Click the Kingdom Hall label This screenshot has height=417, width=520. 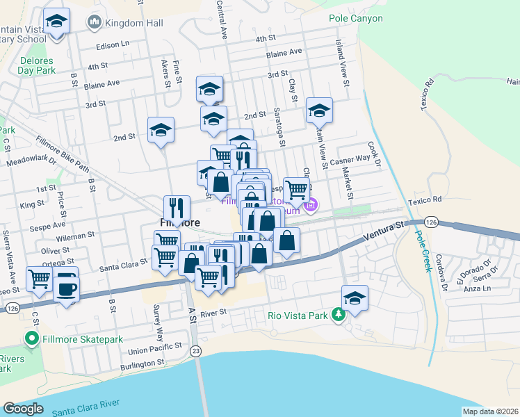pyautogui.click(x=133, y=23)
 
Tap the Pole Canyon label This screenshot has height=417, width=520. pyautogui.click(x=355, y=18)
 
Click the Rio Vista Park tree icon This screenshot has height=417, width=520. pyautogui.click(x=339, y=316)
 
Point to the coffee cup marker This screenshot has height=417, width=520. pyautogui.click(x=67, y=288)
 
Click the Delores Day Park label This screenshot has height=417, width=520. pyautogui.click(x=36, y=65)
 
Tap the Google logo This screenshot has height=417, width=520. pyautogui.click(x=22, y=408)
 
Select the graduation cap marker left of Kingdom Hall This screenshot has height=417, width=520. pyautogui.click(x=56, y=22)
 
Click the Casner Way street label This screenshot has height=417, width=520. pyautogui.click(x=350, y=160)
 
